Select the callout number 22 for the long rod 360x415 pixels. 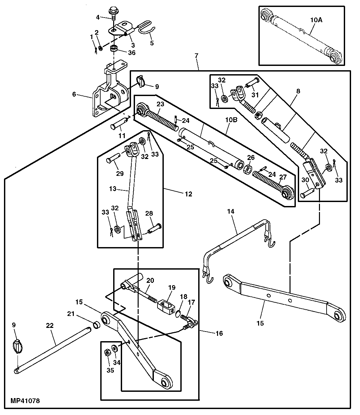[x=50, y=326]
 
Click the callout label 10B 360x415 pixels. [x=232, y=120]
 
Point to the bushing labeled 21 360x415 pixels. [x=96, y=325]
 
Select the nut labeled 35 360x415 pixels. [x=107, y=352]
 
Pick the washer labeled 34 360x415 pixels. [x=114, y=348]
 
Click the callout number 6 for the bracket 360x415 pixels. [x=74, y=94]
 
